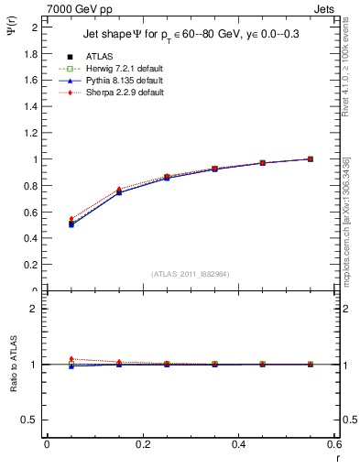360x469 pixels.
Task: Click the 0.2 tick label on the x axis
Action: pyautogui.click(x=142, y=444)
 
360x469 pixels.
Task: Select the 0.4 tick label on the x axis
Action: pyautogui.click(x=238, y=444)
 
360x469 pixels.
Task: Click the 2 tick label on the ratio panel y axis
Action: pyautogui.click(x=35, y=309)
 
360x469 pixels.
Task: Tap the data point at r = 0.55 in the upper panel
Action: pyautogui.click(x=311, y=159)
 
